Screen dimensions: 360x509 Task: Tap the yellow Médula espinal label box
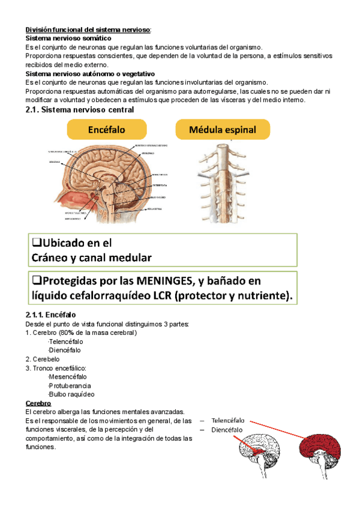222,130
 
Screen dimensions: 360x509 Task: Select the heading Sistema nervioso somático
68,38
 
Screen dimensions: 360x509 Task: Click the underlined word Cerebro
38,403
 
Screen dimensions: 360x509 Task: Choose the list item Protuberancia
69,385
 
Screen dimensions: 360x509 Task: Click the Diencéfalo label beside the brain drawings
227,430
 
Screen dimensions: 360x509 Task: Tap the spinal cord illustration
223,180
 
